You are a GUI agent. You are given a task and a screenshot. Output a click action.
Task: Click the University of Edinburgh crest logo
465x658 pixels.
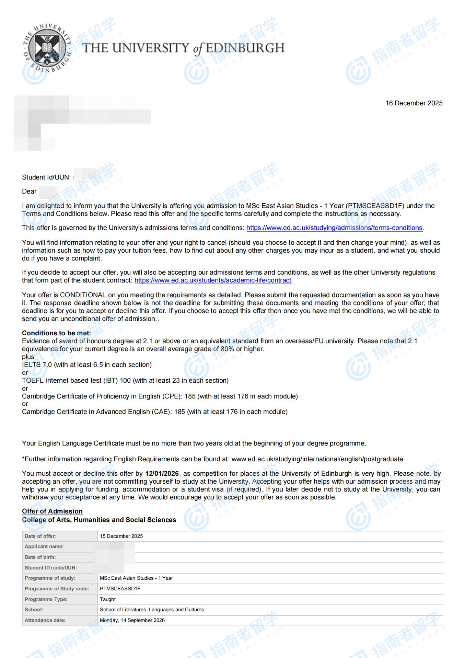[47, 48]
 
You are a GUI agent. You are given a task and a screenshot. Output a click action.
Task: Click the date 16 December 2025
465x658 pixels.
[414, 103]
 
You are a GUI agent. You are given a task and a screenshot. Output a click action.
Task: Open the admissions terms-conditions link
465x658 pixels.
[334, 228]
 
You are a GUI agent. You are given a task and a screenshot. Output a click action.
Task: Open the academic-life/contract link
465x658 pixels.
[213, 280]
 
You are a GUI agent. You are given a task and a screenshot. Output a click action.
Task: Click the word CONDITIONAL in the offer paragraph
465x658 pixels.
[83, 295]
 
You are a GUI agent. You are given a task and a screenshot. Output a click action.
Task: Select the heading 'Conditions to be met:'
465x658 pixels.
[56, 333]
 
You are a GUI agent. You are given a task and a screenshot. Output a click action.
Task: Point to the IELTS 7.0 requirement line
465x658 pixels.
[86, 365]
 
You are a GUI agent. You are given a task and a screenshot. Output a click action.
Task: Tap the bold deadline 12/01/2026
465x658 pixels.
[162, 474]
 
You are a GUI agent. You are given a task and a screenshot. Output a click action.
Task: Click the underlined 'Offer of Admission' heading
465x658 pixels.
[52, 511]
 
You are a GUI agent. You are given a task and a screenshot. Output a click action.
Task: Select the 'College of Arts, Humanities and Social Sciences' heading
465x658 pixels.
[99, 520]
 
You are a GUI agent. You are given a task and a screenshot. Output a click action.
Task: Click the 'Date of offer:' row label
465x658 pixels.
[40, 536]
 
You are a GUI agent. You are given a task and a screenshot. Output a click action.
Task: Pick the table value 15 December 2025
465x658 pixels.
[121, 536]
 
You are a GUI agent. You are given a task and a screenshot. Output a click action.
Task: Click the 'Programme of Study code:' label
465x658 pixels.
[57, 589]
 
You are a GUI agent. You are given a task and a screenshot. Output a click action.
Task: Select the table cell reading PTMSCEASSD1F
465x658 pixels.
[120, 589]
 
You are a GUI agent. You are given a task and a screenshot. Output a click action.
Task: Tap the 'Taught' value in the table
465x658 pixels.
[108, 599]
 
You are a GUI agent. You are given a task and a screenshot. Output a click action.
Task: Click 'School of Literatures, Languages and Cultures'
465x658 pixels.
[152, 610]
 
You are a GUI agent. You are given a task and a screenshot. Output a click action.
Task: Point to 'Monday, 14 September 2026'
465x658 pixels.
[132, 620]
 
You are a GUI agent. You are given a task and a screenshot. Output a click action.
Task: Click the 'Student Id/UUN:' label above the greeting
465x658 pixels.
[46, 177]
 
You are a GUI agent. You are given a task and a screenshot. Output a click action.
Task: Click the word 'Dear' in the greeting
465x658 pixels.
[29, 192]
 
